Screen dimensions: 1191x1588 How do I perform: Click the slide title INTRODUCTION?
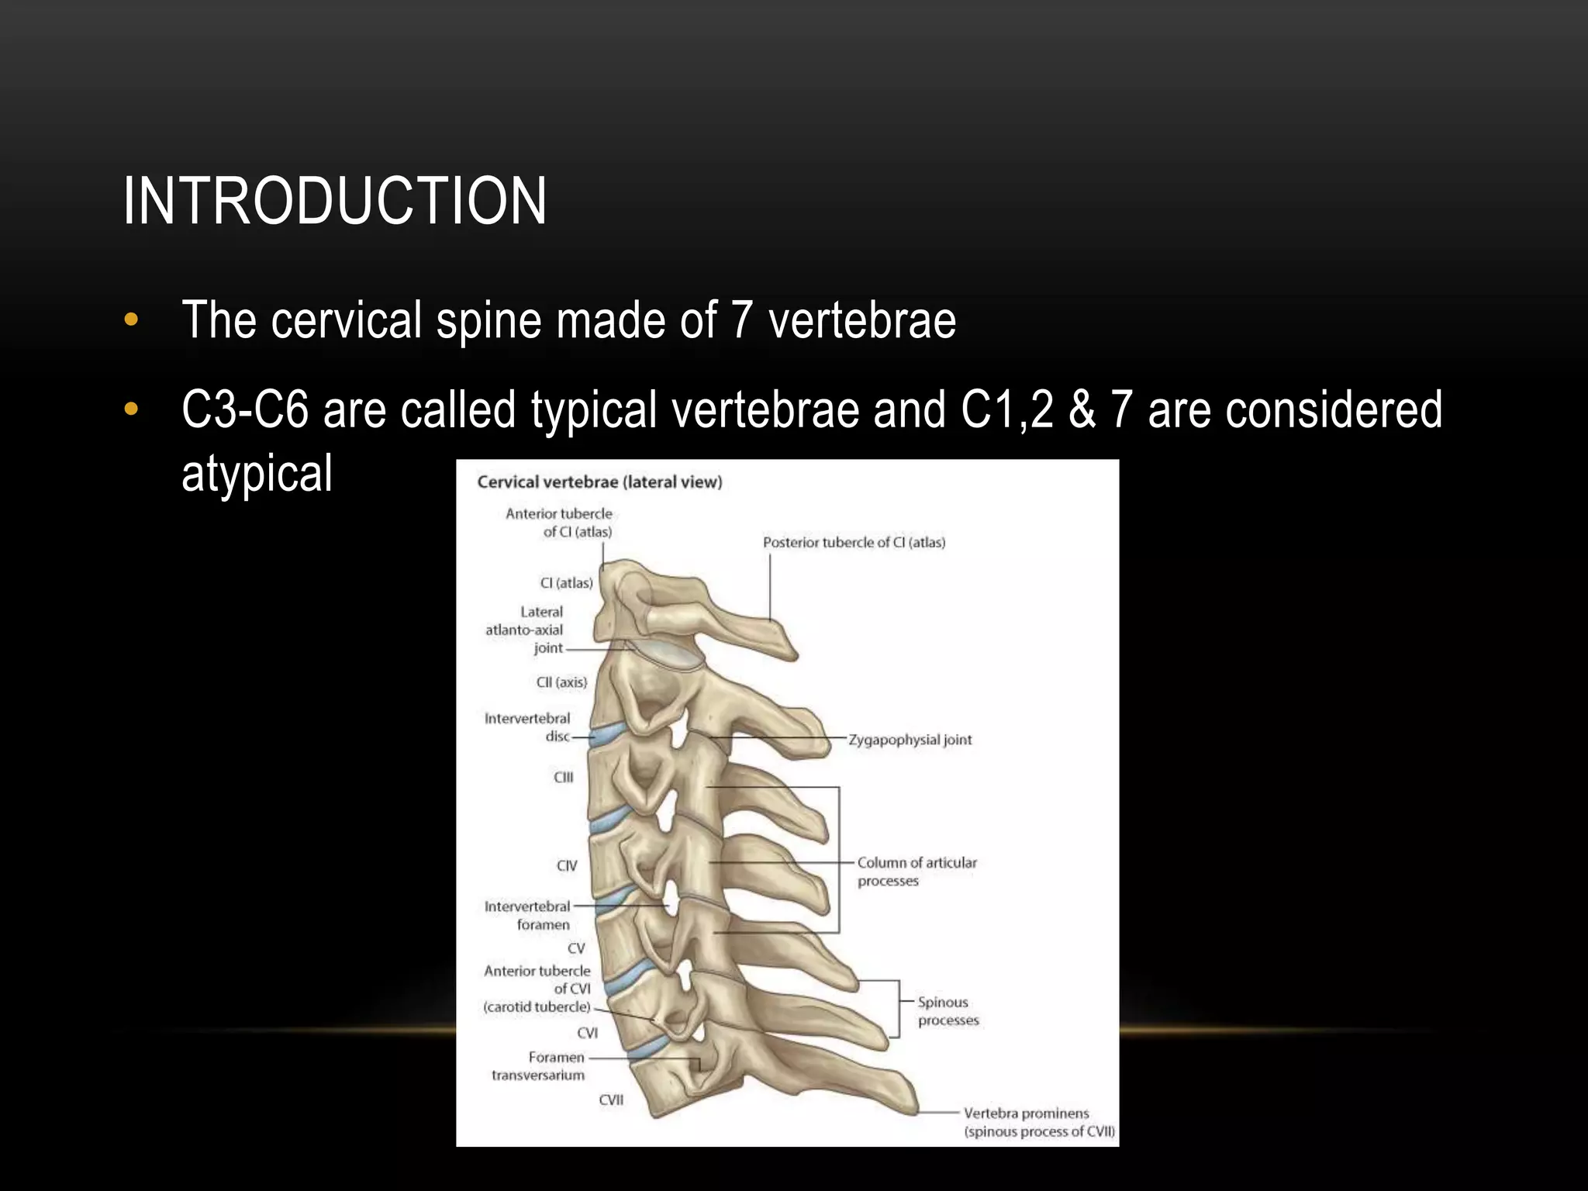point(334,201)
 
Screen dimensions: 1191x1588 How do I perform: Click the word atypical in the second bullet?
point(257,473)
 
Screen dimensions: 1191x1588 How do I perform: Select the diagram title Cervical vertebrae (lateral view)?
point(599,482)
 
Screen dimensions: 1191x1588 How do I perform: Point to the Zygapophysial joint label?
point(910,740)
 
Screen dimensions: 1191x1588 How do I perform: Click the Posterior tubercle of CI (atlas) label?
point(854,543)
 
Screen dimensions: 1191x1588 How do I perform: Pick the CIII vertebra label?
point(564,777)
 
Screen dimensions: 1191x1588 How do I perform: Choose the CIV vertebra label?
point(567,865)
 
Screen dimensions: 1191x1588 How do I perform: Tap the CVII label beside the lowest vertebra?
point(611,1100)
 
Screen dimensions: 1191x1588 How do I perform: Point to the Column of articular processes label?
point(917,872)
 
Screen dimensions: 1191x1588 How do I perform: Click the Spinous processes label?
point(948,1011)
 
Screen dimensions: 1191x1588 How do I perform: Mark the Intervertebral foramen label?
point(528,915)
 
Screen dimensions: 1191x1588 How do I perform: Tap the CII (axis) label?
point(562,682)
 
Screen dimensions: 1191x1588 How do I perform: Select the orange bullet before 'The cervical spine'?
point(131,319)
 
